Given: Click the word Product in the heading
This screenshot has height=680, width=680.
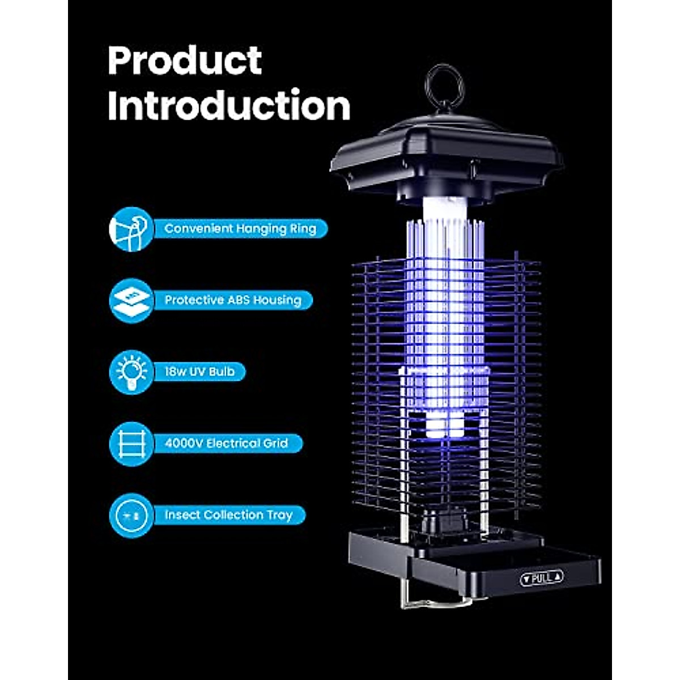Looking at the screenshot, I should point(185,61).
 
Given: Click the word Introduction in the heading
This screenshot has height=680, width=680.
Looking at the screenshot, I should point(229,106).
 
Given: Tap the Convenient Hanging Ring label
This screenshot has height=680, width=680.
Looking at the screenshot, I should point(240,228).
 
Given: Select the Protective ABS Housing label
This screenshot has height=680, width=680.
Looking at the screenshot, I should point(233,300).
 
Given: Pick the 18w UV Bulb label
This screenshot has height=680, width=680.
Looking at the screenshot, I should point(199,372).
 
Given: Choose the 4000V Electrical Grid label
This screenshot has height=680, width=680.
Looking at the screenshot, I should point(227,443).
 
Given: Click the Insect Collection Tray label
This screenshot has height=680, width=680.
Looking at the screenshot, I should point(228,515).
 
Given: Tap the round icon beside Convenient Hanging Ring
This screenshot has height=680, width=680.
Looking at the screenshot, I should point(131,228).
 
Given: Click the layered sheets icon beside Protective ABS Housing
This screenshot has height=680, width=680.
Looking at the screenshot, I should point(131,300).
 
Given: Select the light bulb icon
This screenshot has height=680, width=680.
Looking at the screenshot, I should point(131,372).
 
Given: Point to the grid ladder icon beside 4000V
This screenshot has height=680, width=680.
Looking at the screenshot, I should point(131,443).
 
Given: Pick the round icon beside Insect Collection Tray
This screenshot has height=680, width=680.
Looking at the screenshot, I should point(131,515).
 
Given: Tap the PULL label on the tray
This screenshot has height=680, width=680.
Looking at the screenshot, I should point(542,578).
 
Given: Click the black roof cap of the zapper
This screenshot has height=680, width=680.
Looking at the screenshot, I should point(447,153).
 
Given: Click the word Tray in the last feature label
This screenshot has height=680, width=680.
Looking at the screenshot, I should point(280,515).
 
